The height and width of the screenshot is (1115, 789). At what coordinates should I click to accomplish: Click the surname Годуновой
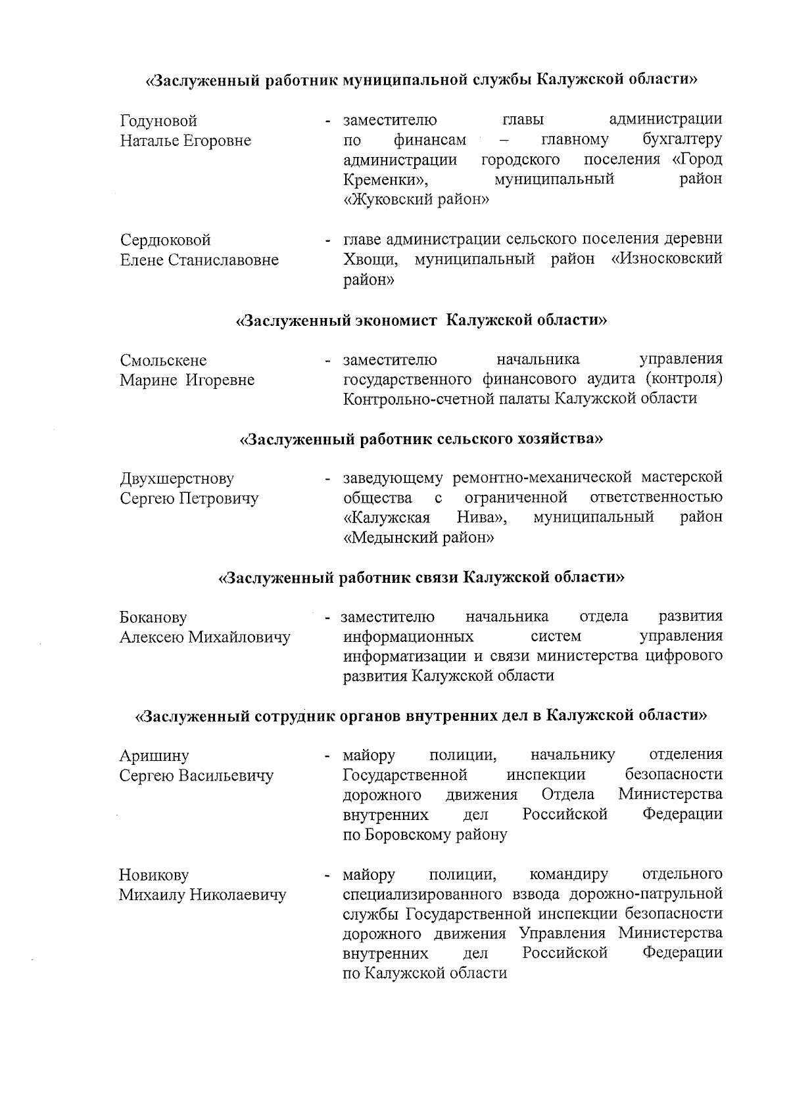click(x=158, y=122)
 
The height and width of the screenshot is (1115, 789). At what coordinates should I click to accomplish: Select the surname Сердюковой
click(x=165, y=240)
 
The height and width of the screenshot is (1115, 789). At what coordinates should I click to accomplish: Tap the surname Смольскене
click(x=163, y=361)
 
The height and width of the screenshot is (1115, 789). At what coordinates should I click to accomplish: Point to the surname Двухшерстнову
click(x=177, y=479)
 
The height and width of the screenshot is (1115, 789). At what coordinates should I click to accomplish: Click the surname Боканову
click(x=153, y=618)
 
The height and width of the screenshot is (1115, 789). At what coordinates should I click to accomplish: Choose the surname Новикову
click(x=154, y=875)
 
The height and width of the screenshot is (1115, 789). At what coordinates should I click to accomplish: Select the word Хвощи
click(x=371, y=260)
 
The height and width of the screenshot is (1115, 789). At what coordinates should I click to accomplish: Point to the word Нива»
click(x=482, y=517)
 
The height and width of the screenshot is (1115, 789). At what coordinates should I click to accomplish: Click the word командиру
click(x=568, y=875)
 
